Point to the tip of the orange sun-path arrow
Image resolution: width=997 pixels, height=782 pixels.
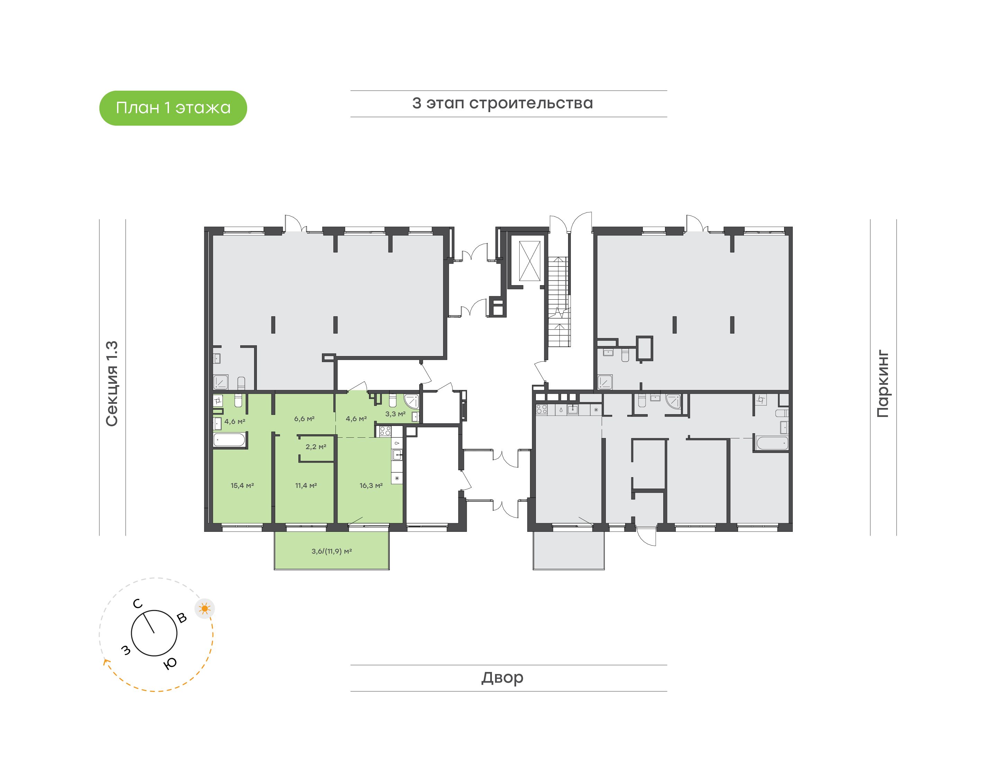(x=105, y=659)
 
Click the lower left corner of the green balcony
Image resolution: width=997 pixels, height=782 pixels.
(x=274, y=570)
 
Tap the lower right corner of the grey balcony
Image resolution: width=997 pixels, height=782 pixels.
(x=604, y=570)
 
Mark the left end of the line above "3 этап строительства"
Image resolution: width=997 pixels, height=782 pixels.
(x=351, y=91)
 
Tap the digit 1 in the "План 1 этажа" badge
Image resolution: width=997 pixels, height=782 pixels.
(x=167, y=108)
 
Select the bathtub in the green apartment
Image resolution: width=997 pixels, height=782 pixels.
(x=230, y=440)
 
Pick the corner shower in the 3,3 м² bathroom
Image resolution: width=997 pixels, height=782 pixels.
(x=411, y=401)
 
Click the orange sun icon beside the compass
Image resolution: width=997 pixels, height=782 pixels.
(x=205, y=609)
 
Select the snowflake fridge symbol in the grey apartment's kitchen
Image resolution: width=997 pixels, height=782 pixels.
(x=596, y=410)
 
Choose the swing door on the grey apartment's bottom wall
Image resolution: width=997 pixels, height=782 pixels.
(x=646, y=536)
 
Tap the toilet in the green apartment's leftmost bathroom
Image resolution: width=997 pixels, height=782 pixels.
(x=238, y=401)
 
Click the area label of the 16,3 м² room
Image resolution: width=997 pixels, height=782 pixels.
(x=371, y=485)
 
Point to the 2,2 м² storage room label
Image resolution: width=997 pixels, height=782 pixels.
(x=316, y=446)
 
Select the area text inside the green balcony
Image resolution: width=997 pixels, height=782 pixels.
(x=332, y=551)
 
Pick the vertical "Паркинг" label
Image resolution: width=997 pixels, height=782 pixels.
(x=882, y=384)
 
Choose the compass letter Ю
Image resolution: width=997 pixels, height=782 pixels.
(x=170, y=663)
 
